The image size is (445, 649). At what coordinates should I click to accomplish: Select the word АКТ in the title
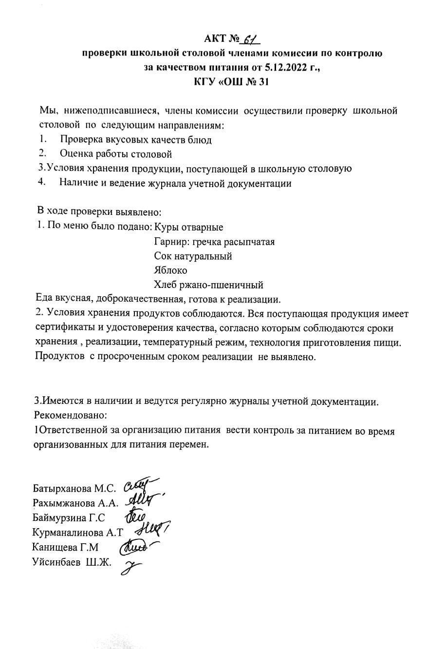pos(215,39)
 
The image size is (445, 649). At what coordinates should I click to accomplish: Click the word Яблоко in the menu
pos(170,270)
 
